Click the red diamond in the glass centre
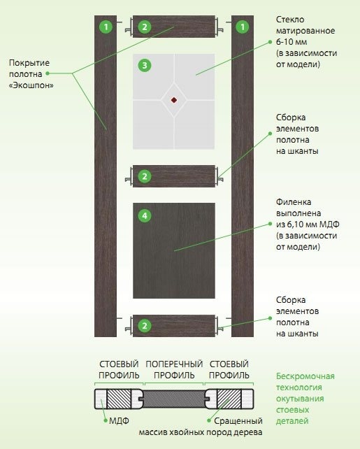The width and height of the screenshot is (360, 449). pos(174,100)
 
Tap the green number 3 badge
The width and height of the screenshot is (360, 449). pos(145,65)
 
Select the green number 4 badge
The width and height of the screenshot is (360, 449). pos(145,215)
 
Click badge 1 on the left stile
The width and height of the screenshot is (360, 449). pos(106,27)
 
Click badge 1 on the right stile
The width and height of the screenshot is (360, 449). pos(243,27)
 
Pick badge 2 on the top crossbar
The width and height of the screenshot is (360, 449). pos(145,27)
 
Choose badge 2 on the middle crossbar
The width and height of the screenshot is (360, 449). pos(145,176)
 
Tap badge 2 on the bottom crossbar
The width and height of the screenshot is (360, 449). pos(145,326)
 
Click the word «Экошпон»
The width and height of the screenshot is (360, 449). pos(31,85)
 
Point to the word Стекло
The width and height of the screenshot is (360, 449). pos(290,20)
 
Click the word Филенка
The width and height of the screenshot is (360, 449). pos(294,202)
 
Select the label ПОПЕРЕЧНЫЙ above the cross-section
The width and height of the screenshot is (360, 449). pos(174,364)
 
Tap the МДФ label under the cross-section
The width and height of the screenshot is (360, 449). pos(119,420)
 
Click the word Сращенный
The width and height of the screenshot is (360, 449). pos(238,420)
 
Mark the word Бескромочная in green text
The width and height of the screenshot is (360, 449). pos(305,376)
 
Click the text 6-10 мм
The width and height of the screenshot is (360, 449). pos(291,42)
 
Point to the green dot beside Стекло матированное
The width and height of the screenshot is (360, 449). pos(270,42)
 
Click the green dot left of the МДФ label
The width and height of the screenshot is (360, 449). pos(106,420)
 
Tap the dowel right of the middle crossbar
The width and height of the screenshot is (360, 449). pos(219,176)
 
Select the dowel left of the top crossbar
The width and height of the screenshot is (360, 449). pos(129,27)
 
